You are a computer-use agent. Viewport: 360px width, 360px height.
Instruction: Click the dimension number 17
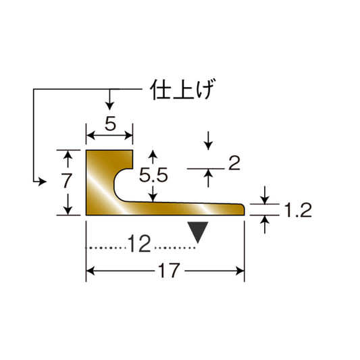click(169, 270)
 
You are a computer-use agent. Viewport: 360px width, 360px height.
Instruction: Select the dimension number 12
click(139, 243)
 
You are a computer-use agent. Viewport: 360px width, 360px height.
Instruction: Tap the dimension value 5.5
click(153, 175)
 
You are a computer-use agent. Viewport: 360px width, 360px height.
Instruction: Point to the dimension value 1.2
click(298, 210)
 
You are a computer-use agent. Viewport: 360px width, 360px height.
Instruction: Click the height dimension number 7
click(67, 180)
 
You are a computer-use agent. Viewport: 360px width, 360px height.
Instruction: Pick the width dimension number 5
click(111, 124)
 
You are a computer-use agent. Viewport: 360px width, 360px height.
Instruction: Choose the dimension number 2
click(234, 163)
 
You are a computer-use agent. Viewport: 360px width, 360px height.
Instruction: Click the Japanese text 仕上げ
click(183, 89)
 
